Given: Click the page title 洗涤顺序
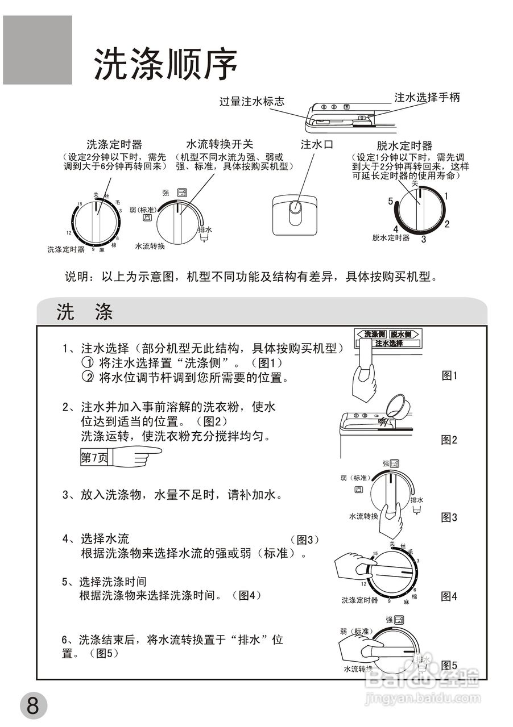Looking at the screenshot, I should [165, 64].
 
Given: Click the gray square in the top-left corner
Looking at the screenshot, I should [38, 50].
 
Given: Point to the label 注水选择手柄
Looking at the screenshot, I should [427, 98].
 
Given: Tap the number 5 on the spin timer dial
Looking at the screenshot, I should [391, 201].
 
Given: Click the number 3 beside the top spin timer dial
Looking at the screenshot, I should [423, 239].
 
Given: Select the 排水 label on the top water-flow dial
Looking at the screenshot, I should [205, 229].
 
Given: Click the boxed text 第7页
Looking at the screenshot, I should [94, 457].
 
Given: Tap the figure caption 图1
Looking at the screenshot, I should [449, 375].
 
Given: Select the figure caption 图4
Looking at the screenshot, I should [449, 596].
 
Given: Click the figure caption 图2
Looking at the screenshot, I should [449, 439].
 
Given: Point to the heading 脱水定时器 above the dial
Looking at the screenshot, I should [404, 146].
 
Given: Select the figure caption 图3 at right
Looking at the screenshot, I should [449, 517].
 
